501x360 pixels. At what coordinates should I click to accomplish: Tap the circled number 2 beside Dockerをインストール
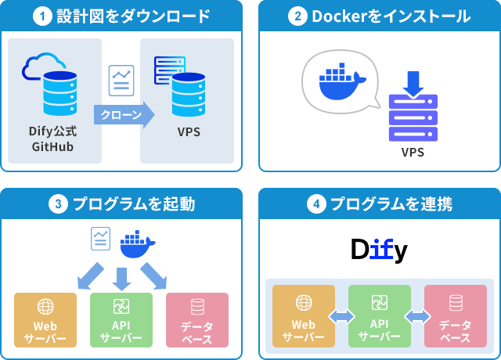297,16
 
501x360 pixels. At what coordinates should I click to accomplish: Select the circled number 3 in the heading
58,204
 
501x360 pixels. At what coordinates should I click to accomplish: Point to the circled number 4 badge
315,204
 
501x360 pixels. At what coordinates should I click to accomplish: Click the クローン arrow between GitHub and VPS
122,115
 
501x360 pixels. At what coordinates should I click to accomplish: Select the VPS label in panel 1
189,131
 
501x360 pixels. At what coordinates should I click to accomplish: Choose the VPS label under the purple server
413,152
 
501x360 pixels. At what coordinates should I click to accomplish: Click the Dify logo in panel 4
380,250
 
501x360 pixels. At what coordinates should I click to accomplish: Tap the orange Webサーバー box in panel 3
45,320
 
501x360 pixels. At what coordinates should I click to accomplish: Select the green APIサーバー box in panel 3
121,320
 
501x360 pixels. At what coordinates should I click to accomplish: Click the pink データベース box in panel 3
197,320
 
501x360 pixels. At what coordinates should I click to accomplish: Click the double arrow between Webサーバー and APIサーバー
341,316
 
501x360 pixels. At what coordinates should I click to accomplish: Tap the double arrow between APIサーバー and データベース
417,316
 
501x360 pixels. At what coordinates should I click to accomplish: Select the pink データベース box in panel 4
455,316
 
